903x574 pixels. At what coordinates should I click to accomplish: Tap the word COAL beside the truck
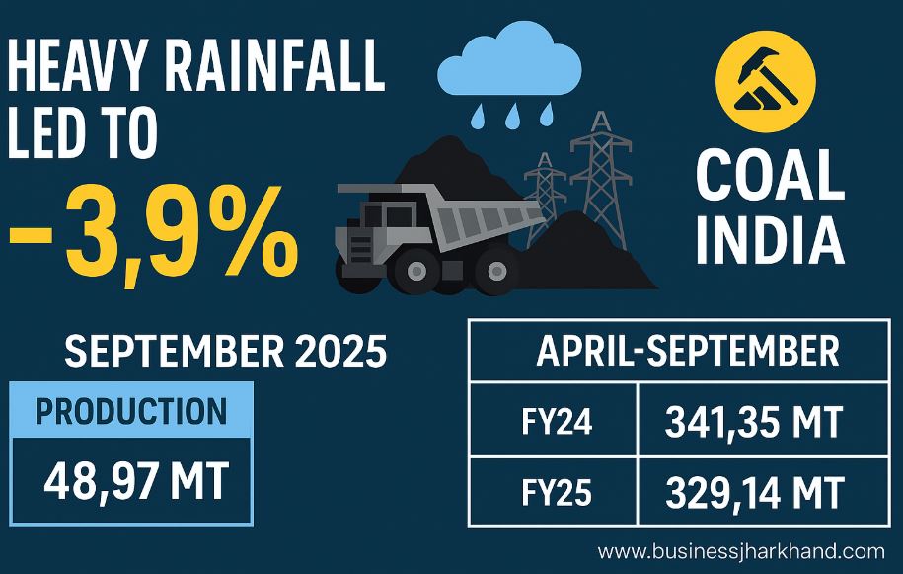770,178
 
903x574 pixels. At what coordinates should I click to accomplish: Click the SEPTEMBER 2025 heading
225,352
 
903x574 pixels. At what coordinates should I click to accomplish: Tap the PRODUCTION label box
131,410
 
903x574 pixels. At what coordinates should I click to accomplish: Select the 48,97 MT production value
136,482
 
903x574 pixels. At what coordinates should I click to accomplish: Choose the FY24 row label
554,423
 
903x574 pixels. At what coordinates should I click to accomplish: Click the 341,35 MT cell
754,423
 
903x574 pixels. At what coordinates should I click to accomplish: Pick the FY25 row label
554,490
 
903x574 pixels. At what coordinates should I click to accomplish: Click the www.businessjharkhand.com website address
741,552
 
